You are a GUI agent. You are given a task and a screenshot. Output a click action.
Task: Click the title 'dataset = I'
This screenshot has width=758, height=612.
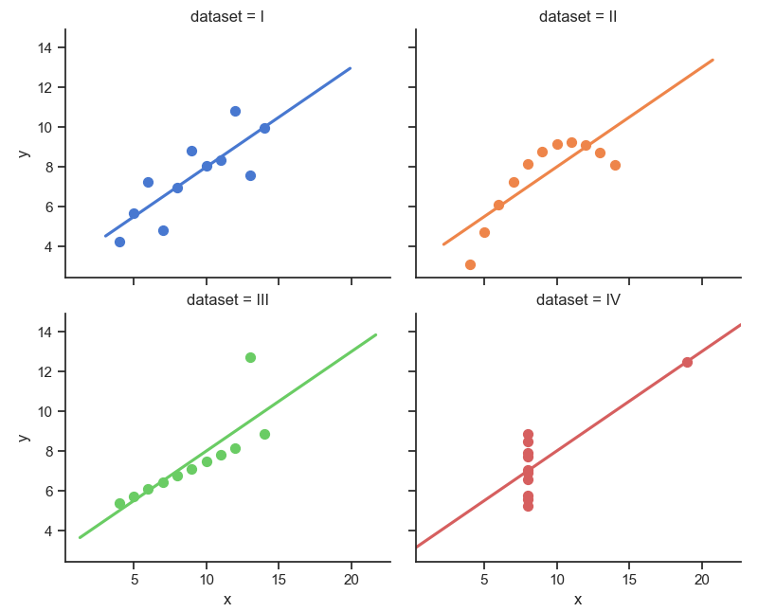pos(227,16)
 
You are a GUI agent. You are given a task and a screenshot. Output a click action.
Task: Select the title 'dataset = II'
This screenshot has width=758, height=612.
pos(578,16)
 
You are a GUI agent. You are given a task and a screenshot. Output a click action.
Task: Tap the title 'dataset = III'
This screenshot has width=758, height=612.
pos(227,300)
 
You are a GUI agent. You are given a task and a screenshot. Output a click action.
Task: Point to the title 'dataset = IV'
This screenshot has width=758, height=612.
pos(578,300)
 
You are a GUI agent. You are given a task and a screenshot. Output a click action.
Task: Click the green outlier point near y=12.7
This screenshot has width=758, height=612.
pos(250,357)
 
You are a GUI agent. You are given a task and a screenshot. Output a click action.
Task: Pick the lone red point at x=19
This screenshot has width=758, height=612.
pos(687,362)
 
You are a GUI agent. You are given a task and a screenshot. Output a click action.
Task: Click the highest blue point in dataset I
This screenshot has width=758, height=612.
pos(235,111)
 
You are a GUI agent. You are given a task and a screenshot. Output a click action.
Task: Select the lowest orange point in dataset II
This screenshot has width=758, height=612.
pos(470,264)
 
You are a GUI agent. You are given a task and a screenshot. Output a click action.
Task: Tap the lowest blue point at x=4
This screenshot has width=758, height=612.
pos(119,242)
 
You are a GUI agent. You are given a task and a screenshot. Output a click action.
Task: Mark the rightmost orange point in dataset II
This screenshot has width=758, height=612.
pos(615,165)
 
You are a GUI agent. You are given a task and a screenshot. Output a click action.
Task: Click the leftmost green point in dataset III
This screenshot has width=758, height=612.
pos(119,503)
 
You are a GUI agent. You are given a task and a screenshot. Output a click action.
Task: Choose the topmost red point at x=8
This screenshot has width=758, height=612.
pos(528,435)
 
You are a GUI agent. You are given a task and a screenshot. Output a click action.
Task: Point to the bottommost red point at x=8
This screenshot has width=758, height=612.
pos(528,506)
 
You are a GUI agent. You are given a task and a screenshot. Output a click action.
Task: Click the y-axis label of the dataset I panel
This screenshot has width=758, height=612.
pos(25,153)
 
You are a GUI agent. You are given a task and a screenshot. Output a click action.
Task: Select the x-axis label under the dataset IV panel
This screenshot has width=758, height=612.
pos(578,599)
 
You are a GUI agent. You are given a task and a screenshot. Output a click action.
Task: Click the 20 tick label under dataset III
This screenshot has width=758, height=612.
pos(352,579)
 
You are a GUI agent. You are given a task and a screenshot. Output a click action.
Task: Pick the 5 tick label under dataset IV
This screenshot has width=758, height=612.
pos(484,579)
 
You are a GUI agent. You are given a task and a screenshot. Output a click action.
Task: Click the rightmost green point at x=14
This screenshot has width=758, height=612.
pos(264,434)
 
